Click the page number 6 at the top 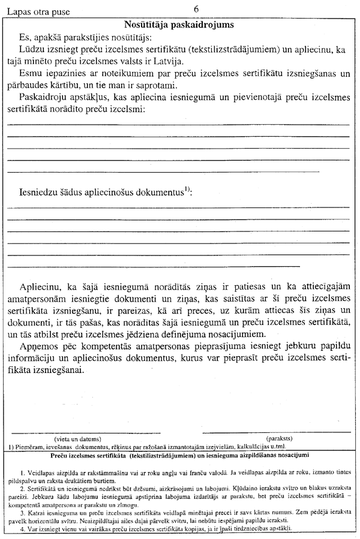click(197, 8)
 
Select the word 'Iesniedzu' click(40, 192)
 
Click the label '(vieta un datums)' click(81, 438)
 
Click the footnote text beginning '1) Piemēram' click(146, 446)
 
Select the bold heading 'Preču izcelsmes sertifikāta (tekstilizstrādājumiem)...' click(179, 455)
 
